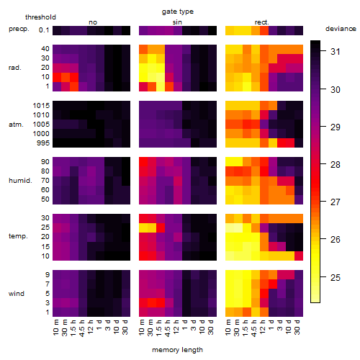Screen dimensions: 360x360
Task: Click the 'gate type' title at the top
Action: tap(178, 12)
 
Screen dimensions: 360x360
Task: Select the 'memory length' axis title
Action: tap(177, 350)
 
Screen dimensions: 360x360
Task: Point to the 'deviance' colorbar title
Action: tap(341, 29)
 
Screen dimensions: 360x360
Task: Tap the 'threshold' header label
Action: tap(40, 17)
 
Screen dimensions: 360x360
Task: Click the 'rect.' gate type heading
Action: tap(262, 22)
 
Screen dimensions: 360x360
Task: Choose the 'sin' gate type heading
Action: tap(177, 22)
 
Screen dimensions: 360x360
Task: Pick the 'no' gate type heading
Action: tap(93, 22)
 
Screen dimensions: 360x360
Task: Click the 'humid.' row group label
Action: tap(20, 181)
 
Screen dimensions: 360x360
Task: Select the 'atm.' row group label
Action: tap(16, 125)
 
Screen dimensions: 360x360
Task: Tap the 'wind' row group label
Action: tap(17, 294)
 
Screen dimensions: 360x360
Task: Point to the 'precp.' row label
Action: tap(19, 29)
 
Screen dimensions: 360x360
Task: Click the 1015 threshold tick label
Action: tap(41, 106)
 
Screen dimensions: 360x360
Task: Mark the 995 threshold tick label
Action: tap(43, 143)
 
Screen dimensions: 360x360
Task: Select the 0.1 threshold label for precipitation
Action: tap(44, 30)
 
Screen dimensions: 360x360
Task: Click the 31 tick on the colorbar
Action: tap(336, 52)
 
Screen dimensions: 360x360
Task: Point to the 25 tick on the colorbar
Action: tap(336, 278)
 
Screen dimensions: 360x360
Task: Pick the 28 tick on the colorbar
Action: tap(336, 165)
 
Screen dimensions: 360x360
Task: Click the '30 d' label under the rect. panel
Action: tap(297, 327)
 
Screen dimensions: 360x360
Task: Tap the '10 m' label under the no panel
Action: tap(55, 327)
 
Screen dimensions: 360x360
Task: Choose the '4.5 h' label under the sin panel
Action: tap(168, 328)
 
